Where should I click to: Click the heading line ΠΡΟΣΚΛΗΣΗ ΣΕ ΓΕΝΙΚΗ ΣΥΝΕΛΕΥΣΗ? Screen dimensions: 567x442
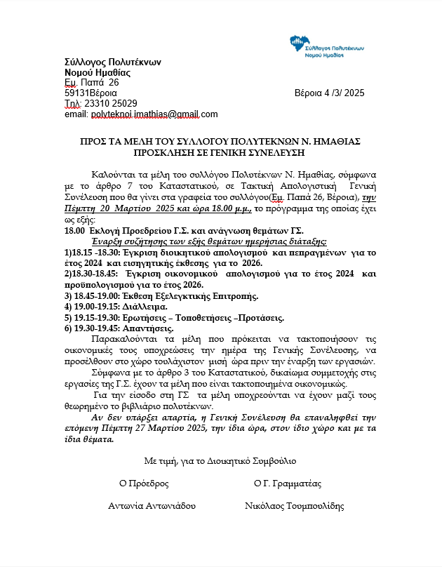click(x=220, y=152)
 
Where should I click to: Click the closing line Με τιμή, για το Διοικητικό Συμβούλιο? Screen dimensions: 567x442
click(x=220, y=461)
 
